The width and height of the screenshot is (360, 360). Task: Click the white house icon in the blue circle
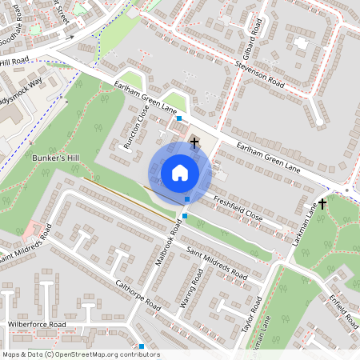click(180, 173)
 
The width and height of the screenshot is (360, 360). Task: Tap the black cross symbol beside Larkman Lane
click(322, 204)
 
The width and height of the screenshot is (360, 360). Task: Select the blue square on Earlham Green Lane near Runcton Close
click(179, 118)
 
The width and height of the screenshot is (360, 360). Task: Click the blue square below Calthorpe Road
click(142, 346)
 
